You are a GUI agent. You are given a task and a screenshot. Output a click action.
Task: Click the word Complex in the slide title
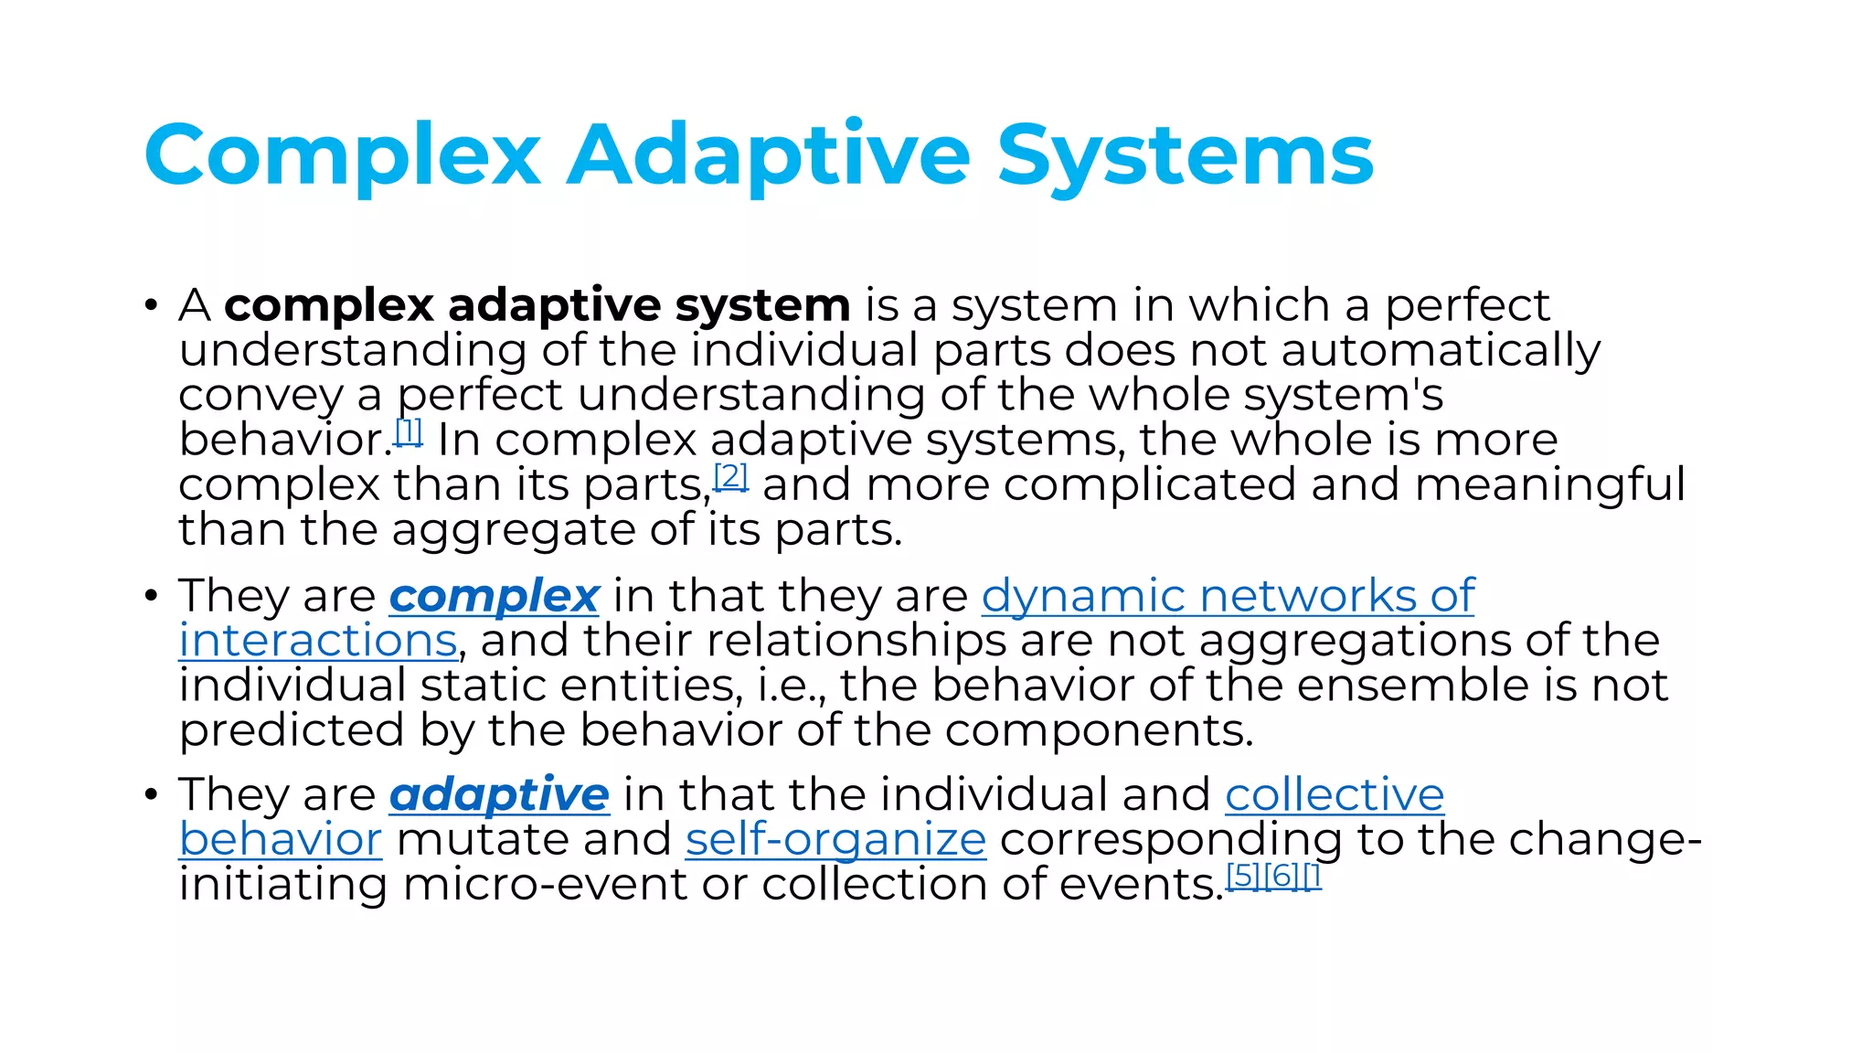pyautogui.click(x=343, y=155)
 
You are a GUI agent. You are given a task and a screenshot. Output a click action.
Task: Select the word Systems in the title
pyautogui.click(x=1185, y=155)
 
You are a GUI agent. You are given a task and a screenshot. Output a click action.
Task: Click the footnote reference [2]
pyautogui.click(x=730, y=476)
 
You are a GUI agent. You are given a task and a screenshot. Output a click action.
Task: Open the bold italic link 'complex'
pyautogui.click(x=495, y=597)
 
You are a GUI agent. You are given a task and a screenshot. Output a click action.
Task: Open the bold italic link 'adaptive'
pyautogui.click(x=499, y=794)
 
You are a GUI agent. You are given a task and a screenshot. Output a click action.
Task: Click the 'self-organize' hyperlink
pyautogui.click(x=835, y=839)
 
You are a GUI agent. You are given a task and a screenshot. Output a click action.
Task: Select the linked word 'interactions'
pyautogui.click(x=317, y=641)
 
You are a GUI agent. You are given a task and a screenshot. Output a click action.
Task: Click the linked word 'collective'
pyautogui.click(x=1335, y=794)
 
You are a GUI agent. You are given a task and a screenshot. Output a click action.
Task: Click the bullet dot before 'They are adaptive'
pyautogui.click(x=151, y=794)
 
